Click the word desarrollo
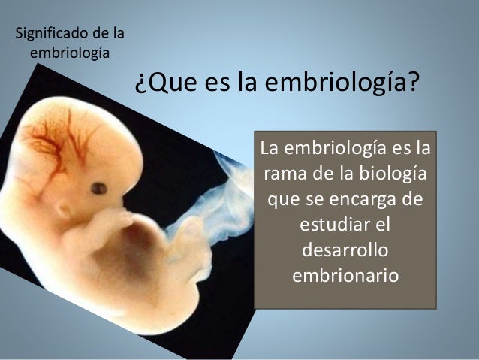tap(345, 250)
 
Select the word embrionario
tap(345, 274)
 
